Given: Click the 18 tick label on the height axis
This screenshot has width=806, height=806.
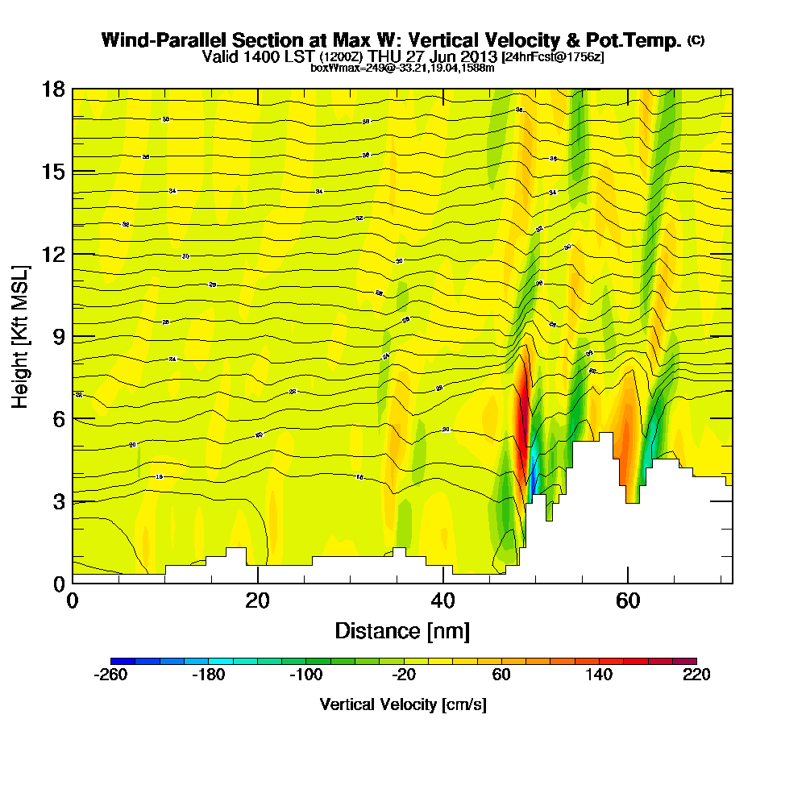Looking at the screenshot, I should tap(52, 89).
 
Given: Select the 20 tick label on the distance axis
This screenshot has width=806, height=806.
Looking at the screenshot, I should tap(257, 601).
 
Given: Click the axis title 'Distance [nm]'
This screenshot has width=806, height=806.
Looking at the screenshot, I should tap(402, 630).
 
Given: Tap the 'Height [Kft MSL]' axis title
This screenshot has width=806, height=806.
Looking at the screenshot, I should tap(21, 336).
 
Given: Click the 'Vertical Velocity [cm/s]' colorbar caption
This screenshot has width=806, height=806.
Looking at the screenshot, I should tap(403, 704).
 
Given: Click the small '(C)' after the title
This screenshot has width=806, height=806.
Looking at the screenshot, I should tap(696, 40).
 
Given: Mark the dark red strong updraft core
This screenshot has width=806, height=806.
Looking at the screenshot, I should tap(523, 403).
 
